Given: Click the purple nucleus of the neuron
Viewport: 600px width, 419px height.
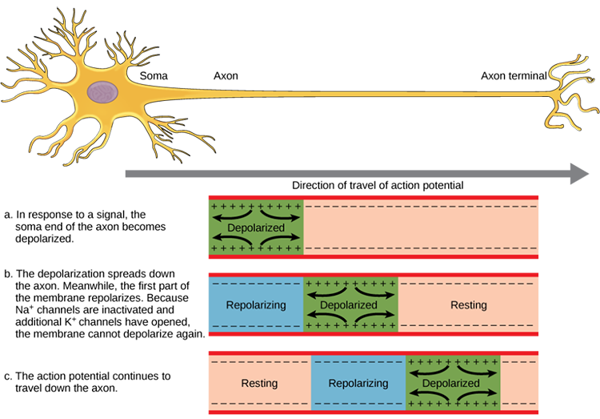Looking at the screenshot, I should pos(101,92).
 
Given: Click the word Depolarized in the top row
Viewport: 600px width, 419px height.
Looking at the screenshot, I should pos(256,228).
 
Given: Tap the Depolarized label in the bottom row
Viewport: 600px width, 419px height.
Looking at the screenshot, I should pos(453,383).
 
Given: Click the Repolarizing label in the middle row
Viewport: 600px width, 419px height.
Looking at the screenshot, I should pos(251,305).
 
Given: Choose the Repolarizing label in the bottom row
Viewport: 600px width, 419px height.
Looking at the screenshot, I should pos(358,383).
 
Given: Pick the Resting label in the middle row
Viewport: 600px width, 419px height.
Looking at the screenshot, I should pos(469,305).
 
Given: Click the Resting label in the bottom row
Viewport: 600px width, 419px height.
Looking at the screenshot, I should pos(259,383).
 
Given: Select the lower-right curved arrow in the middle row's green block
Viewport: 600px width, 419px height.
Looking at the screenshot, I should pos(376,317).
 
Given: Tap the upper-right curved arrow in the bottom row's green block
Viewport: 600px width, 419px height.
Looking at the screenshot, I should pos(478,372).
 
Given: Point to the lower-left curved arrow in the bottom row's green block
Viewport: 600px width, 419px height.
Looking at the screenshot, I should pos(428,395).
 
